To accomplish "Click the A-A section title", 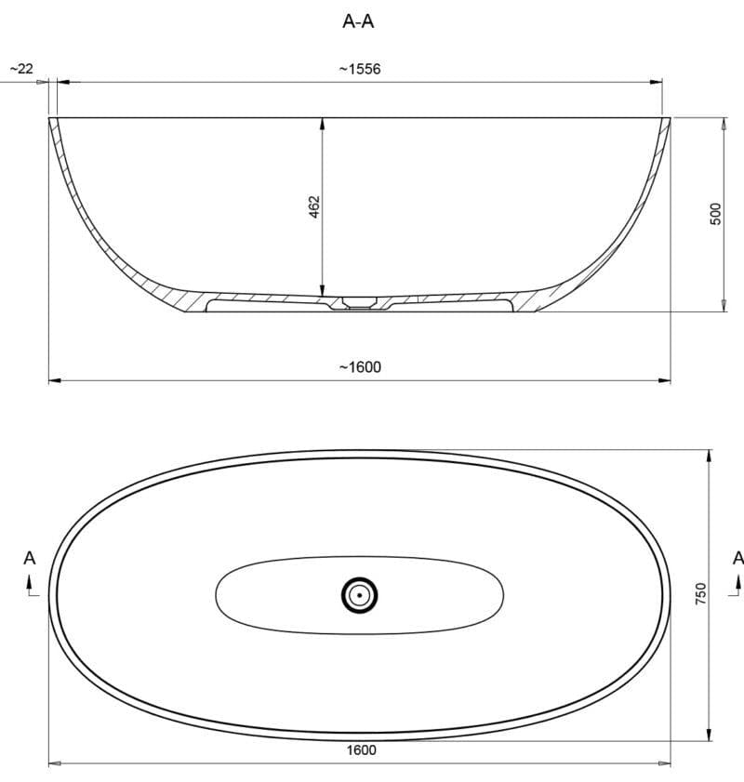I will pos(358,21).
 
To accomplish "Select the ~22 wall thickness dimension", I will pos(20,69).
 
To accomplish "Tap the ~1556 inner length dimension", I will pos(360,69).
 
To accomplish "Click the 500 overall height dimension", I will pos(715,214).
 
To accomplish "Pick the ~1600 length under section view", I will pos(360,367).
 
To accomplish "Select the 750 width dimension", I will pos(701,594).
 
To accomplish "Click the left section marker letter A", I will pos(29,558).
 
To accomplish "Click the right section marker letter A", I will pos(737,558).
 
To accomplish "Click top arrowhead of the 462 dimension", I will pos(322,122).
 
